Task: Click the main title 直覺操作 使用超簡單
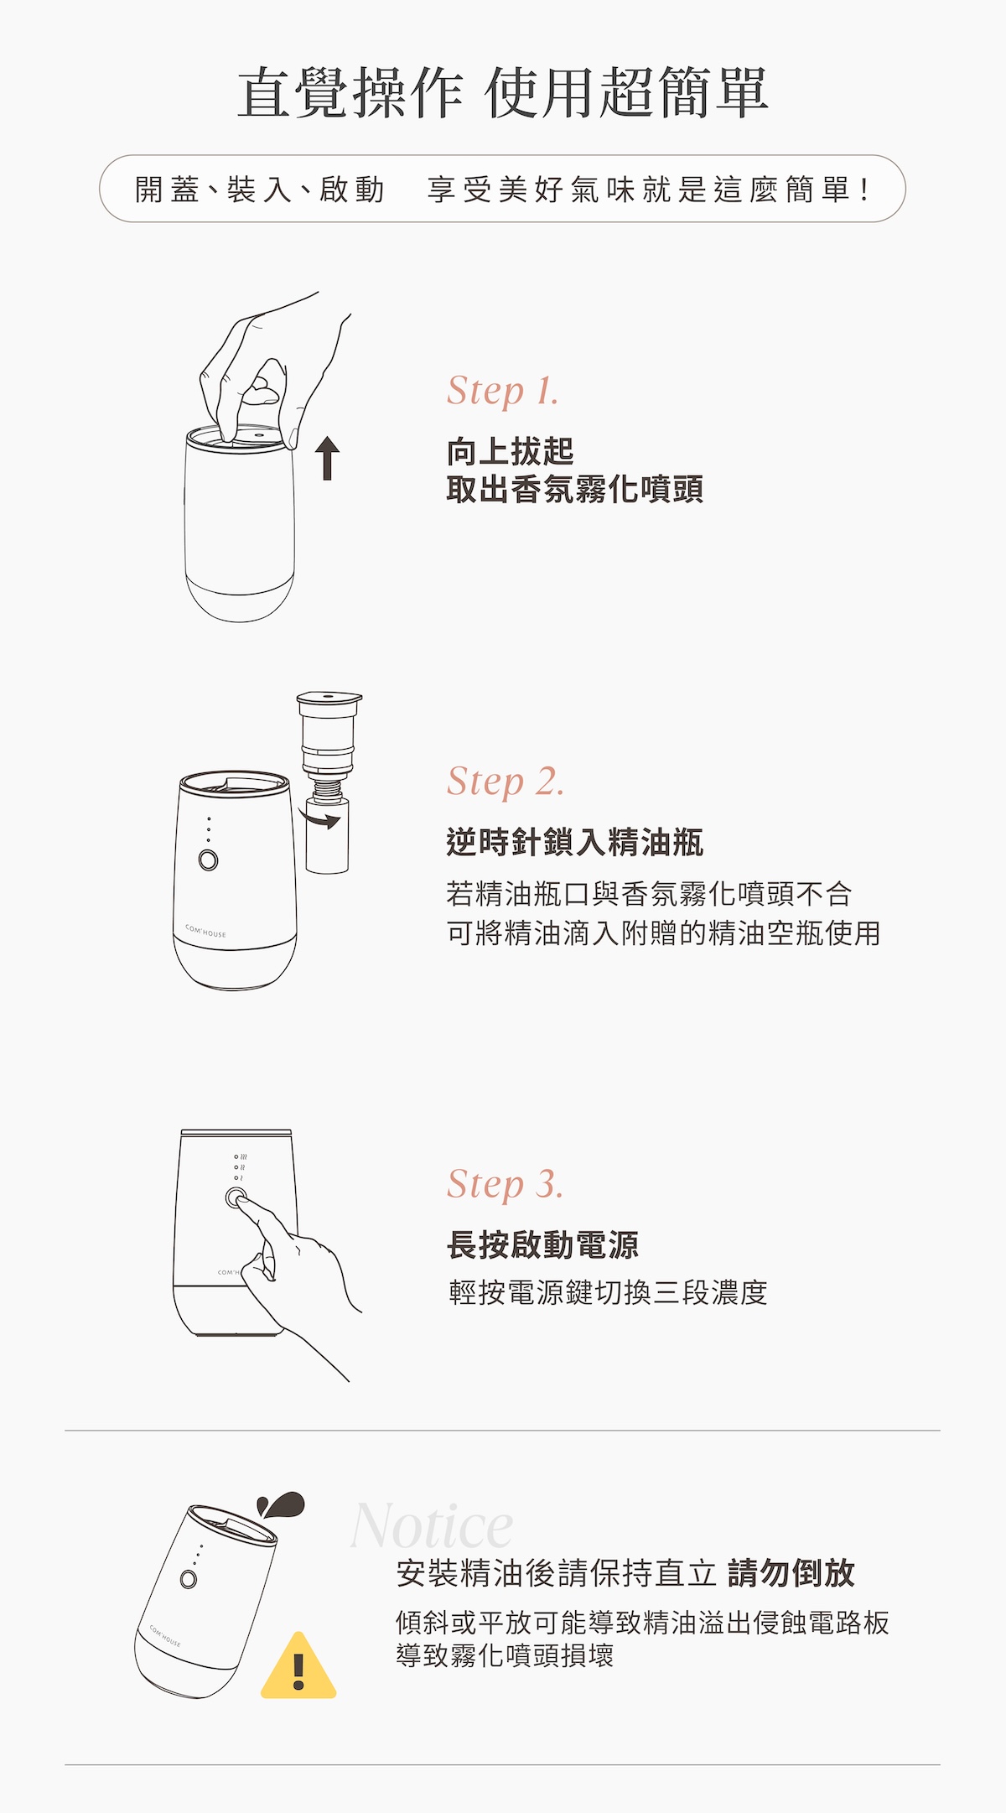coord(503,92)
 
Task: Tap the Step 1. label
coord(503,391)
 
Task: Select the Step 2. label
coord(506,782)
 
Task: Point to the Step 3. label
coord(506,1184)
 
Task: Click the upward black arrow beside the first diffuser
coord(328,459)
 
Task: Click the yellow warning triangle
coord(298,1665)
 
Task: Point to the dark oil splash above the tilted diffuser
coord(281,1504)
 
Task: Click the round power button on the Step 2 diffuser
coord(208,860)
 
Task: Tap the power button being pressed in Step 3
coord(236,1198)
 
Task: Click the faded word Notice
coord(432,1526)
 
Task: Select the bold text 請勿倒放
coord(791,1573)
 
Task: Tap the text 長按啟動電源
coord(542,1244)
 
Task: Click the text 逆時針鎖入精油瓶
coord(575,842)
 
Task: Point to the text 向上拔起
coord(511,451)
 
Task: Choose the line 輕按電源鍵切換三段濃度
coord(608,1292)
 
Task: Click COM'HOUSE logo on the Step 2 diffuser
coord(205,931)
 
